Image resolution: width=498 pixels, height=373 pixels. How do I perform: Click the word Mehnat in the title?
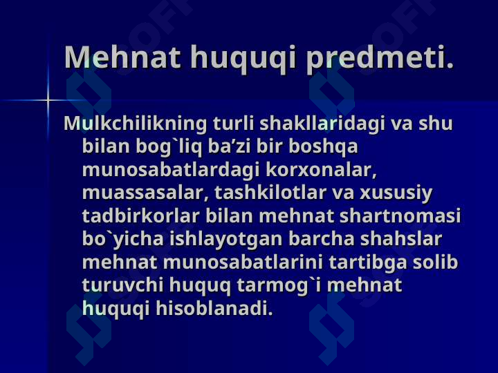point(122,57)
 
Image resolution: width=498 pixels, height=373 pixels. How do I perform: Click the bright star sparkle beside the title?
point(48,100)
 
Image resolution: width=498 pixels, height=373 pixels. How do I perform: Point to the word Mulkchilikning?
point(136,124)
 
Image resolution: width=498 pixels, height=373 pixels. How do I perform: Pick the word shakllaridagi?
point(322,124)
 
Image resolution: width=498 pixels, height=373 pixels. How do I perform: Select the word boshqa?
point(323,147)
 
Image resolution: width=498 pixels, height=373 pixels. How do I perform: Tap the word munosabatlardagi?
point(171,171)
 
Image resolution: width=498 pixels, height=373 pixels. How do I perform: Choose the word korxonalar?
point(321,170)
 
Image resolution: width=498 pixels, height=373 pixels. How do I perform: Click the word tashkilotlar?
point(270,193)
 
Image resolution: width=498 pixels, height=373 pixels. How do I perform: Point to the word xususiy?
point(396,193)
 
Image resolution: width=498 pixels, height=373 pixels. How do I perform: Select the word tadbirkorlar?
point(140,216)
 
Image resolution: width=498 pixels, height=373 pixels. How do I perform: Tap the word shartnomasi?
point(400,216)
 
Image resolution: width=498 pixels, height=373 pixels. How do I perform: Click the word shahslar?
point(400,239)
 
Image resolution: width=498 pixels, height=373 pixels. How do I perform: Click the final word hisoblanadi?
point(214,308)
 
